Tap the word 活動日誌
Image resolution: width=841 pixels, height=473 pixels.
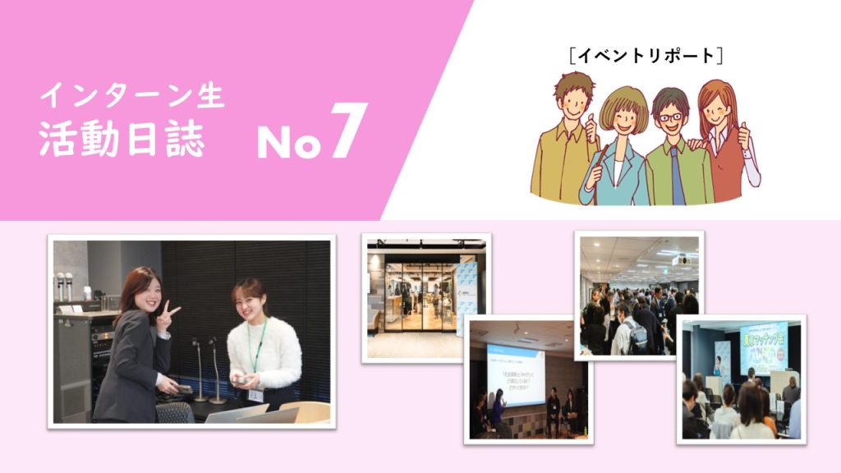click(x=122, y=141)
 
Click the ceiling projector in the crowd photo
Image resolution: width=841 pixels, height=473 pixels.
click(x=679, y=260)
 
